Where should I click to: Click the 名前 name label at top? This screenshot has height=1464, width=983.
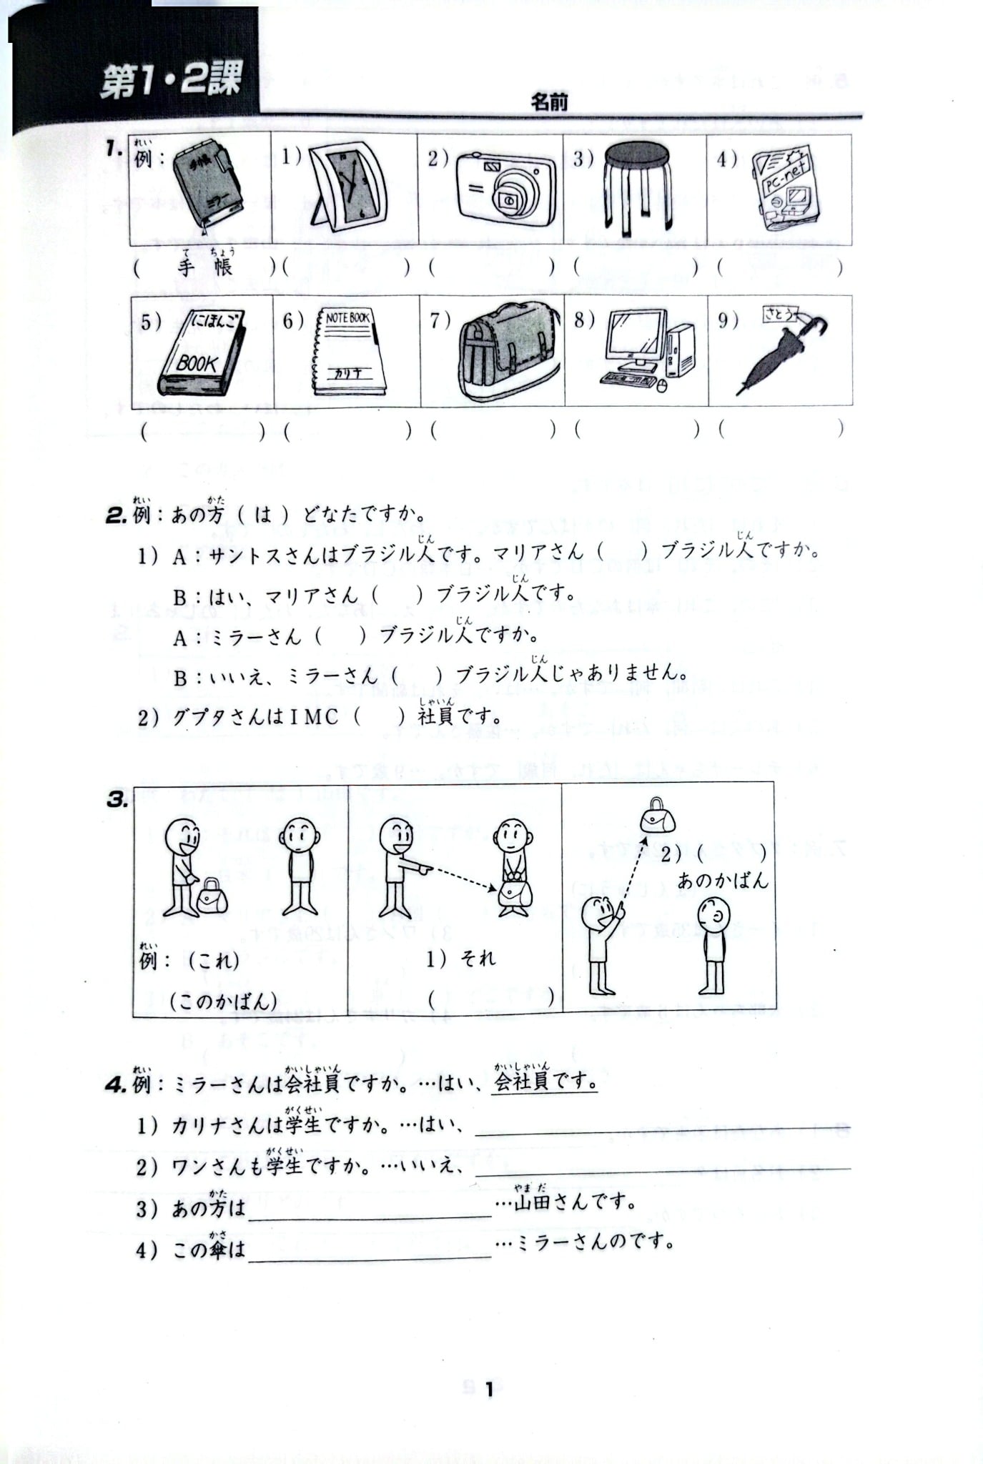[548, 102]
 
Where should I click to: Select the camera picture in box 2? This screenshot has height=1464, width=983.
[505, 187]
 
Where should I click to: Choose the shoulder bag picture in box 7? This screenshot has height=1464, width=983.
[508, 350]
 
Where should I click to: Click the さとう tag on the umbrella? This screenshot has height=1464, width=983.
[780, 315]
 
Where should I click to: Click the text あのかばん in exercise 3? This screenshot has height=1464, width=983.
[722, 879]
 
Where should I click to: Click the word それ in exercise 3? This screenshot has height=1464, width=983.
[478, 959]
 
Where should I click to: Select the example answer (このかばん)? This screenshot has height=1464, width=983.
[223, 1001]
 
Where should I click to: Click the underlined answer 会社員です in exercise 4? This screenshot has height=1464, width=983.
[545, 1082]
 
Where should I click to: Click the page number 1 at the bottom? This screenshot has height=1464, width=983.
[490, 1390]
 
